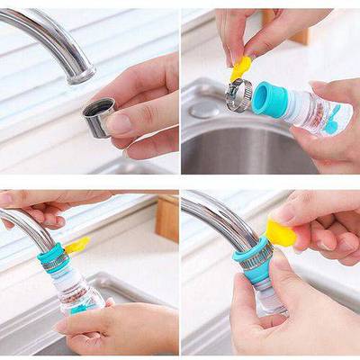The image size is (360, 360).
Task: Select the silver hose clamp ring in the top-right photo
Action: pyautogui.click(x=238, y=94)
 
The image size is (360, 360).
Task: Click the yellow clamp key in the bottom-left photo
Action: pyautogui.click(x=76, y=244)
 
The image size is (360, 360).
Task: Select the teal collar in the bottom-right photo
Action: pyautogui.click(x=252, y=261)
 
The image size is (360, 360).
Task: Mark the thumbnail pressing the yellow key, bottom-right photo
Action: pyautogui.click(x=286, y=212)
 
